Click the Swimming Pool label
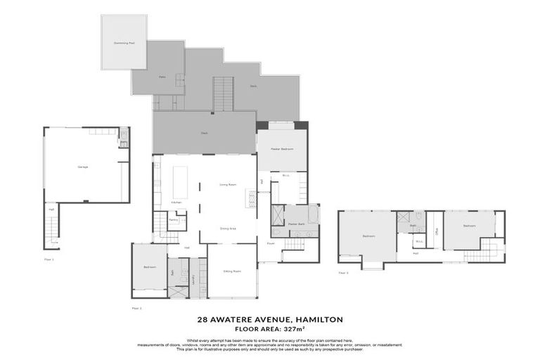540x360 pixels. pos(123,42)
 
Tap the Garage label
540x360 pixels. pos(82,167)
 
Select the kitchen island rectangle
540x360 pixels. pos(181,181)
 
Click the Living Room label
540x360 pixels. pos(226,185)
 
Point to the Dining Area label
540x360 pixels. pos(227,228)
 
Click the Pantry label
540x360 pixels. pos(174,220)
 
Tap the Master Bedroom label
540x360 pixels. pos(281,149)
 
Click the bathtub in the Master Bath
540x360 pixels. pos(313,214)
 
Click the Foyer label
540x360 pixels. pos(270,243)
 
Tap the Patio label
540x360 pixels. pos(162,77)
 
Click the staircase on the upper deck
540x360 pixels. pos(224,94)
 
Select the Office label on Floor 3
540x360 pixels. pos(436,231)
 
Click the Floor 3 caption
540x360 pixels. pos(343,272)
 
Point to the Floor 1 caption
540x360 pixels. pos(49,259)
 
